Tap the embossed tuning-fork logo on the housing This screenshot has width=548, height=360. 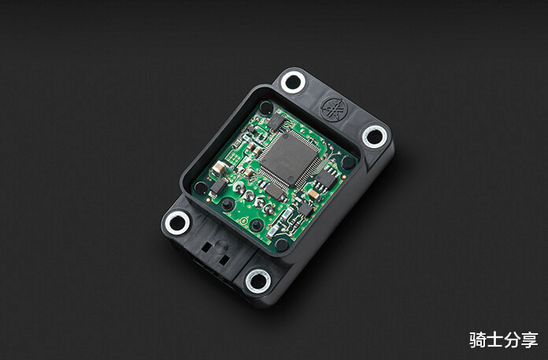pyautogui.click(x=334, y=109)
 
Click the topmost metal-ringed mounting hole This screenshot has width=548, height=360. pyautogui.click(x=293, y=82)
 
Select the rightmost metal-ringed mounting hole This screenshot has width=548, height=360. pyautogui.click(x=375, y=136)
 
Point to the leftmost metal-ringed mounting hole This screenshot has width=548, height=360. pyautogui.click(x=177, y=223)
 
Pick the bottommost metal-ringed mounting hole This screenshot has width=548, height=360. pyautogui.click(x=258, y=281)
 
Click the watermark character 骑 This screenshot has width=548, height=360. pyautogui.click(x=477, y=340)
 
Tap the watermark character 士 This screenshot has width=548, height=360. pyautogui.click(x=495, y=340)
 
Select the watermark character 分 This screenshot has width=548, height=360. pyautogui.click(x=512, y=340)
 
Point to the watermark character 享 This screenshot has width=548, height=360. pyautogui.click(x=529, y=340)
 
